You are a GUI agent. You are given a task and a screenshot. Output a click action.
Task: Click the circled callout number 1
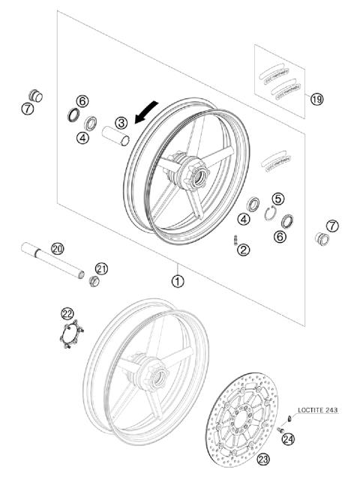click(x=177, y=282)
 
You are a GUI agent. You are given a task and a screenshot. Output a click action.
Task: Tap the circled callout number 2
click(x=244, y=250)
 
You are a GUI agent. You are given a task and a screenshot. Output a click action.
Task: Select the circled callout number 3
click(x=121, y=122)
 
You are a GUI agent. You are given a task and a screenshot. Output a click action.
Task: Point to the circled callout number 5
click(x=278, y=199)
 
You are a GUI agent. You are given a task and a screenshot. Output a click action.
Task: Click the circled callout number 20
click(x=58, y=247)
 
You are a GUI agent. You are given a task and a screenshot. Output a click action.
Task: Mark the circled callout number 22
click(x=67, y=313)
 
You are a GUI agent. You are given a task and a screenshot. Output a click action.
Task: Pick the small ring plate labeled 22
click(x=71, y=334)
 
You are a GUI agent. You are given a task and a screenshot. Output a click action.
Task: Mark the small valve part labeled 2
click(x=235, y=240)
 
